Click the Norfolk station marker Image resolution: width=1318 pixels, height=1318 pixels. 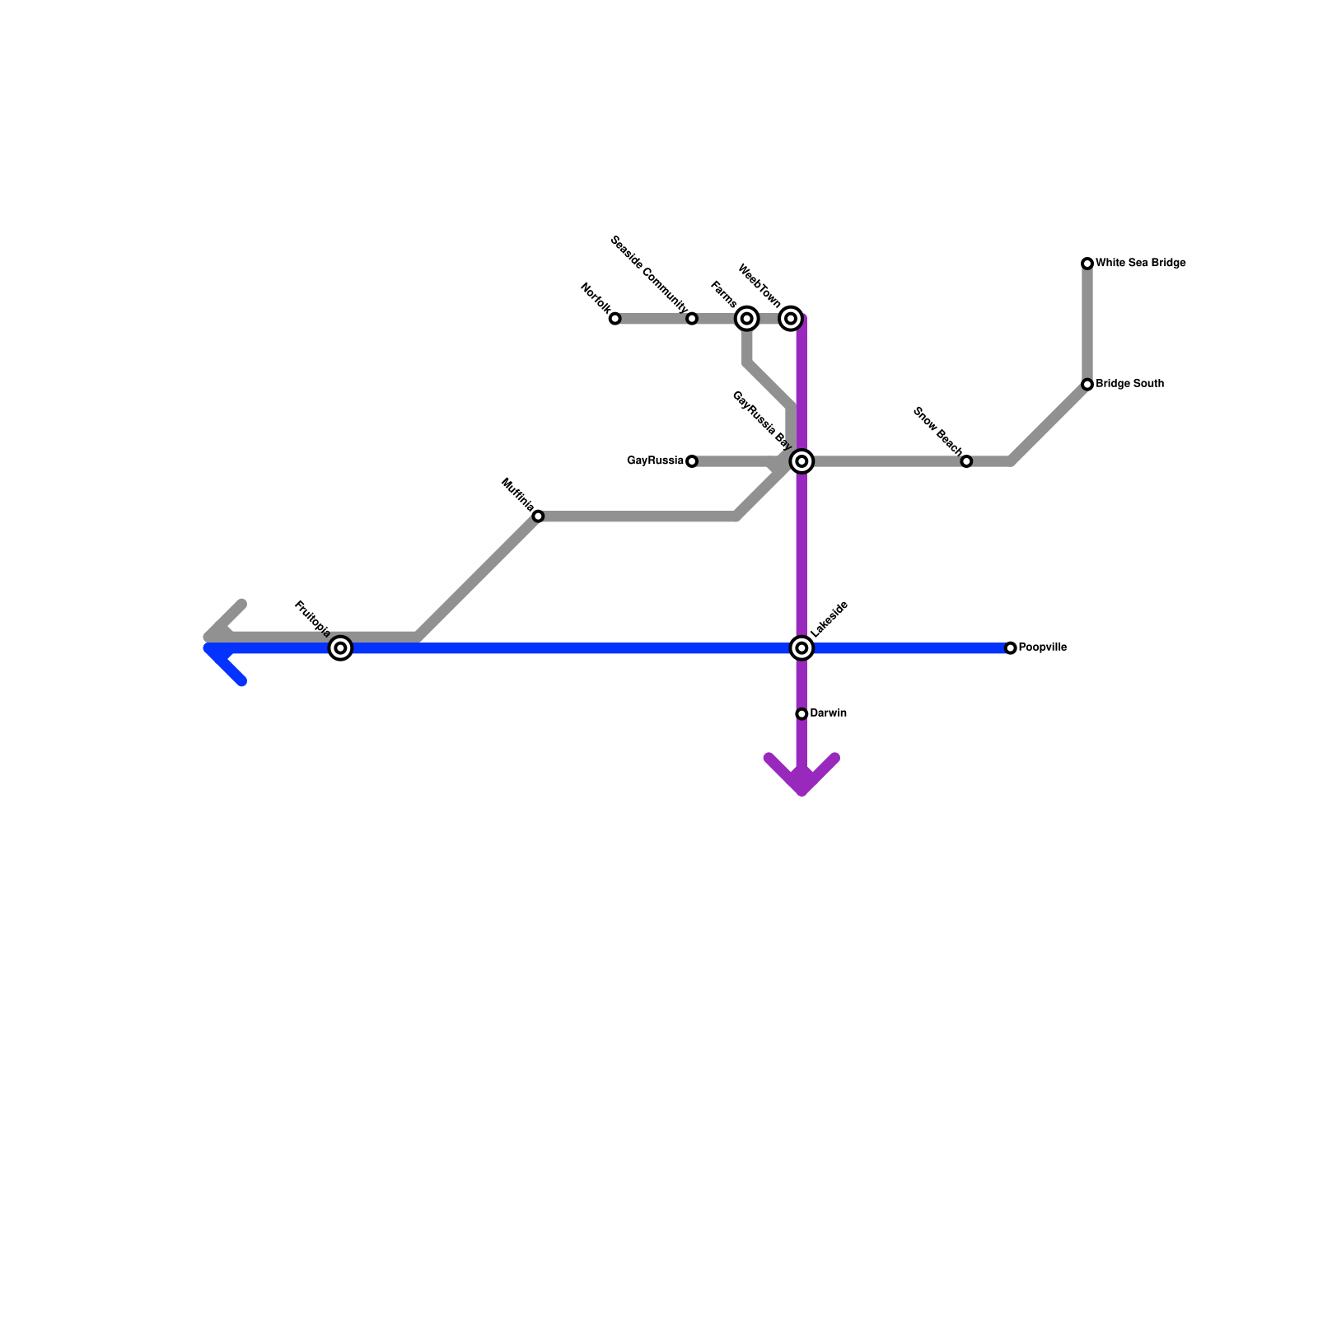tap(615, 319)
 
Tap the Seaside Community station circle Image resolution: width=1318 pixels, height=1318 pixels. tap(692, 319)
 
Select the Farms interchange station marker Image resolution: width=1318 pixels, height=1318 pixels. tap(747, 318)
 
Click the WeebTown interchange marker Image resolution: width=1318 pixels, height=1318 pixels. tap(791, 318)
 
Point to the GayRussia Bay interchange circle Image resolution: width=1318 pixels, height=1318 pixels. tap(802, 461)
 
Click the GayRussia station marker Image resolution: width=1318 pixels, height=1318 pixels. tap(692, 461)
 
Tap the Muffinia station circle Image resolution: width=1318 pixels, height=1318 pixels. tap(538, 516)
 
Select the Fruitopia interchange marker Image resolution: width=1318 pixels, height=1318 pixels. tap(340, 648)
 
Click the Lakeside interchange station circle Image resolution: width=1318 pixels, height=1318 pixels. tap(802, 648)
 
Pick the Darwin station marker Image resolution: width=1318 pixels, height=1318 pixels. tap(802, 713)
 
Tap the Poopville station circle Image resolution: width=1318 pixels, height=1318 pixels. tap(1011, 648)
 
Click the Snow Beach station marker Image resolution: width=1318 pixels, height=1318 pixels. tap(966, 461)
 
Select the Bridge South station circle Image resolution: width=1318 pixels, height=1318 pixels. tap(1087, 385)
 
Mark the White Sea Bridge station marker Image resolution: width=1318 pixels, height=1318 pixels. tap(1087, 264)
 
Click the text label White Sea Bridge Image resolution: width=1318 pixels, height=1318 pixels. tap(1141, 264)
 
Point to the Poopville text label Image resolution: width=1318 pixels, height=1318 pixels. tap(1043, 647)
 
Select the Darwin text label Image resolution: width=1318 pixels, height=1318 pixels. tap(829, 713)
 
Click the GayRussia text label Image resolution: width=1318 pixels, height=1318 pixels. tap(655, 461)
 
